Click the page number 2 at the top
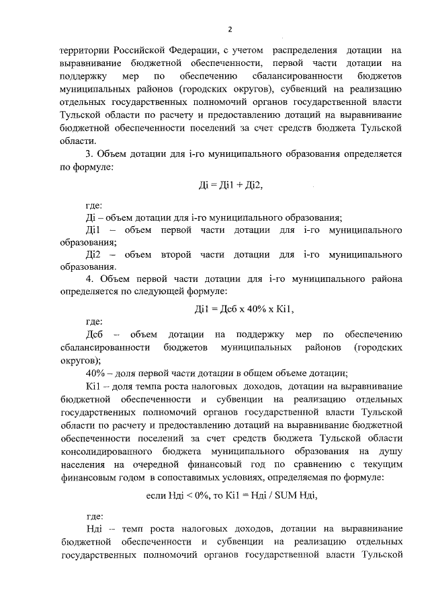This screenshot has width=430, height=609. pyautogui.click(x=230, y=29)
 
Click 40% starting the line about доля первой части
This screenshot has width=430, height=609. pyautogui.click(x=95, y=373)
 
